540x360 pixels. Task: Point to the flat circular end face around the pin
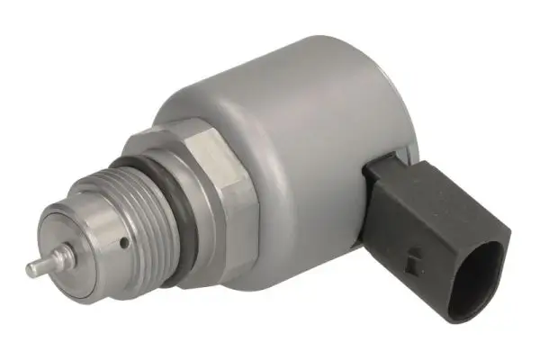(x=56, y=241)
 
